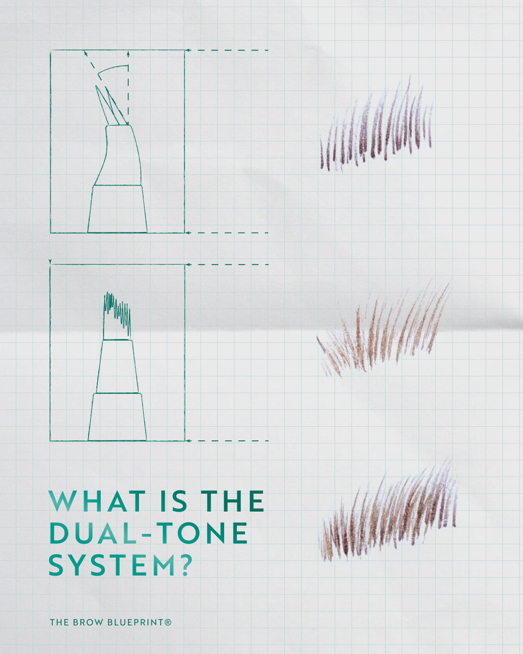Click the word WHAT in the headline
pyautogui.click(x=97, y=501)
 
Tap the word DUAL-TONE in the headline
pyautogui.click(x=149, y=533)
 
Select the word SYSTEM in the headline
pyautogui.click(x=112, y=565)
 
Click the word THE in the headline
pyautogui.click(x=232, y=501)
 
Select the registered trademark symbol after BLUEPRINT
pyautogui.click(x=168, y=622)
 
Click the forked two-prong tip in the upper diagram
pyautogui.click(x=110, y=106)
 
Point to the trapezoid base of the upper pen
pyautogui.click(x=117, y=209)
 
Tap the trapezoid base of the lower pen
pyautogui.click(x=117, y=417)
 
